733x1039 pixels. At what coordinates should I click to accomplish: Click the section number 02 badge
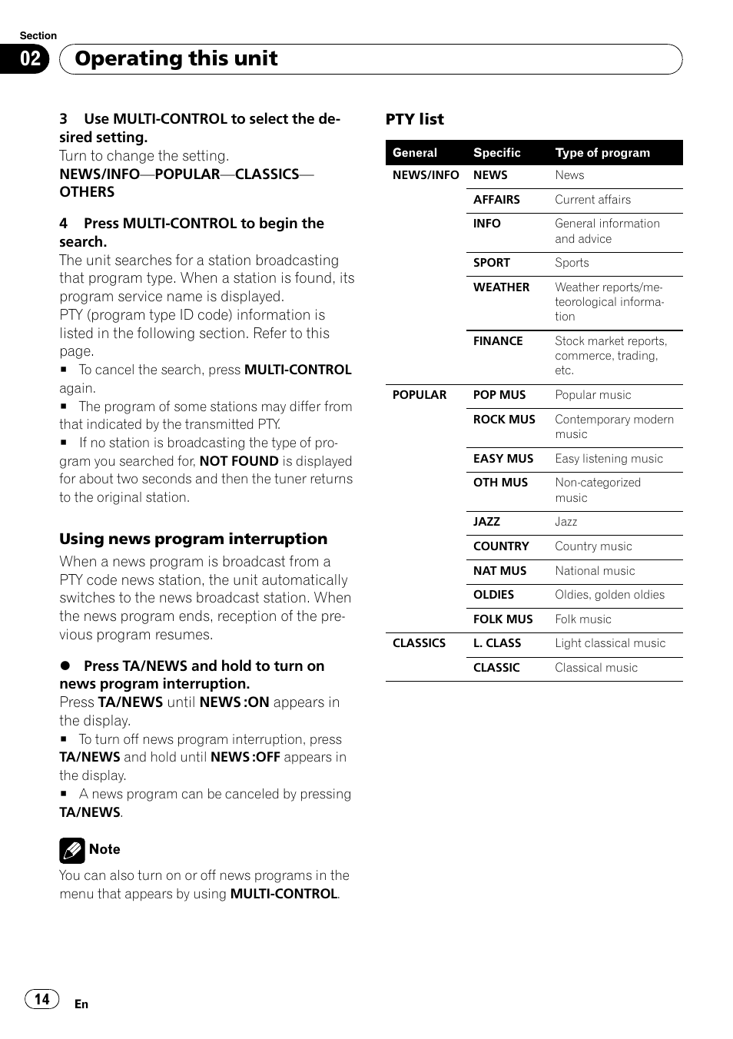pos(30,59)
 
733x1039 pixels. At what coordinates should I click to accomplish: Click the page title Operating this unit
pos(176,59)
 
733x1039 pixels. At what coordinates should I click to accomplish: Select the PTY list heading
pos(414,119)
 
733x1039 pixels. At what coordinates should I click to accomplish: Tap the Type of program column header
pos(602,153)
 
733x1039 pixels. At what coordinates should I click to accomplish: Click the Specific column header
pos(496,153)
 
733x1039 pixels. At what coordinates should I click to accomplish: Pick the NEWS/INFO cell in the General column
pos(425,175)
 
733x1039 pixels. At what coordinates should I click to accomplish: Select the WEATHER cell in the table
pos(501,287)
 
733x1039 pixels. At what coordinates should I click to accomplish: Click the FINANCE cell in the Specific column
pos(498,341)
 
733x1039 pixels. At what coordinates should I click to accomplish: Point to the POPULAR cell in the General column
pos(419,395)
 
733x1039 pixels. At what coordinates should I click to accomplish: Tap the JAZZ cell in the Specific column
pos(486,522)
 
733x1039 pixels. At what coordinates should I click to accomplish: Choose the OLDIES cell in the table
pos(493,595)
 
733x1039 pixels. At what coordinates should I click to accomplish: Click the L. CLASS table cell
pos(496,643)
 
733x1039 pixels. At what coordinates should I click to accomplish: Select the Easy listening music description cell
pos(609,459)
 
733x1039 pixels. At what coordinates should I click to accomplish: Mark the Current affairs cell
pos(592,200)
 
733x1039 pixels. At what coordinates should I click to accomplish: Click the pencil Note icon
pos(71,851)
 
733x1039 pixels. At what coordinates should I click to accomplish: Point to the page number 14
pos(41,999)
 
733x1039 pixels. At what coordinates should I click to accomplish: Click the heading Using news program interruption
pos(193,539)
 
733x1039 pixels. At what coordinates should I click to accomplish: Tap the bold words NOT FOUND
pos(238,461)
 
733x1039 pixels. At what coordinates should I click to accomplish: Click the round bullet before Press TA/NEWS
pos(65,666)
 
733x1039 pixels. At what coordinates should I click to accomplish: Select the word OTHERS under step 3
pos(87,192)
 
